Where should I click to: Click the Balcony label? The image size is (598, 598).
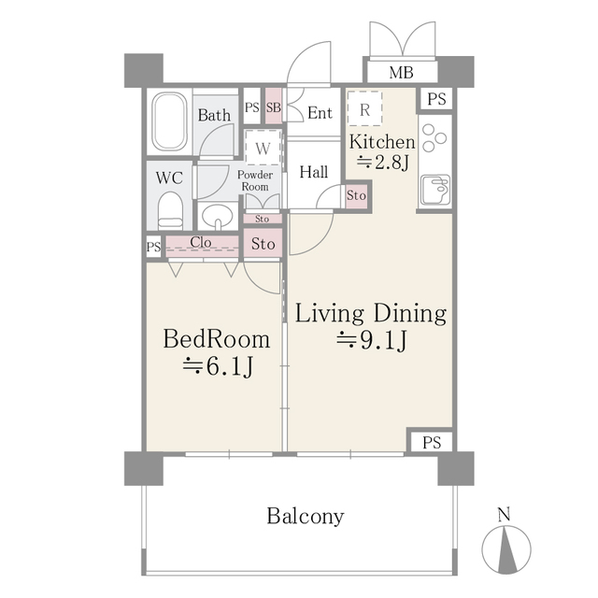click(x=305, y=516)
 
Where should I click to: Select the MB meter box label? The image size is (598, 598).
click(x=400, y=73)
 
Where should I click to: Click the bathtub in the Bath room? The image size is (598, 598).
click(x=169, y=122)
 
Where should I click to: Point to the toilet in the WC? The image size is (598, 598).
click(x=169, y=209)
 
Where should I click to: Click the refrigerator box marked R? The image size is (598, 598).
click(x=364, y=108)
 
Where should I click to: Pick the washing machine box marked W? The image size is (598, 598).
click(x=263, y=149)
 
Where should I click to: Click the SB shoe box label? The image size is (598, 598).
click(x=274, y=107)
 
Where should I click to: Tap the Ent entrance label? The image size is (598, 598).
click(x=320, y=113)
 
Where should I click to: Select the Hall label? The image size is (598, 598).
click(x=313, y=172)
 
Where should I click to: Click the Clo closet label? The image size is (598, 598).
click(x=200, y=243)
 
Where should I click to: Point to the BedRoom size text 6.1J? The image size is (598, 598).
click(x=218, y=366)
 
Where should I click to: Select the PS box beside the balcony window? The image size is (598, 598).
click(x=430, y=441)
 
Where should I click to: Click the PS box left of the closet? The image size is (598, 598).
click(x=152, y=247)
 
